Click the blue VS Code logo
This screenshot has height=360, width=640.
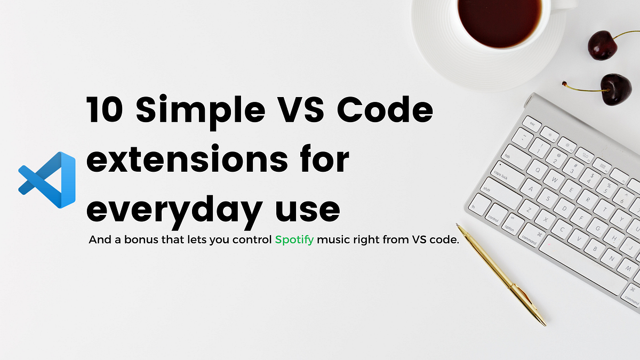(x=46, y=180)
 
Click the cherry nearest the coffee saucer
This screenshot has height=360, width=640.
(x=603, y=45)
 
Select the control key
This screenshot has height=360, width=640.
(x=493, y=215)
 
